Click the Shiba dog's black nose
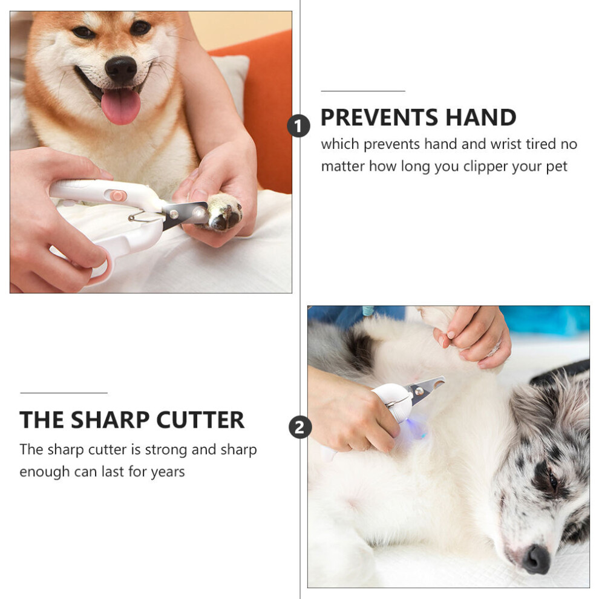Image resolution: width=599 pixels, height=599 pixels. pyautogui.click(x=121, y=70)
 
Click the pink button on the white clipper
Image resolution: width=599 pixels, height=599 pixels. pyautogui.click(x=119, y=196)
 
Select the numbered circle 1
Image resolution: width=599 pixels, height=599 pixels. pyautogui.click(x=299, y=126)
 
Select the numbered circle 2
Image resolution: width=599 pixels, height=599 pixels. pyautogui.click(x=300, y=427)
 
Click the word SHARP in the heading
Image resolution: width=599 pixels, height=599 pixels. pyautogui.click(x=110, y=420)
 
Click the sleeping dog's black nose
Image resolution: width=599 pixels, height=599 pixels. pyautogui.click(x=535, y=559)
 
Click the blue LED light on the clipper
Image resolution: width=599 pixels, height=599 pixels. pyautogui.click(x=412, y=424)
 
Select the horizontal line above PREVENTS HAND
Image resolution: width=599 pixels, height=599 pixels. pyautogui.click(x=363, y=91)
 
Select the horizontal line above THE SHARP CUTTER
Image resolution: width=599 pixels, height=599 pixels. pyautogui.click(x=64, y=392)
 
